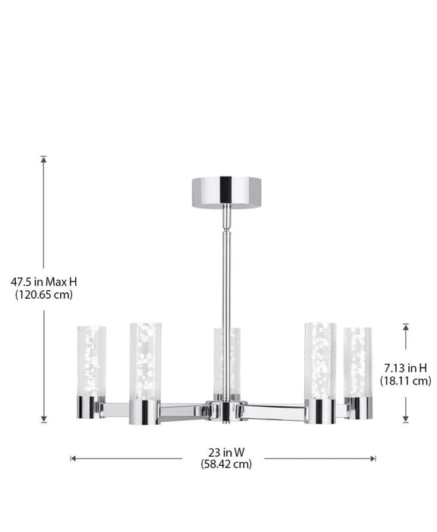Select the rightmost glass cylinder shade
coord(357,361)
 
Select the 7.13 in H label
coord(405,368)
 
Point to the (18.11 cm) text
coord(405,381)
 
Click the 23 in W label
coord(226,451)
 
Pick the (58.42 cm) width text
coord(226,464)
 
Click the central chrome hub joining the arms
coord(225,411)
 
